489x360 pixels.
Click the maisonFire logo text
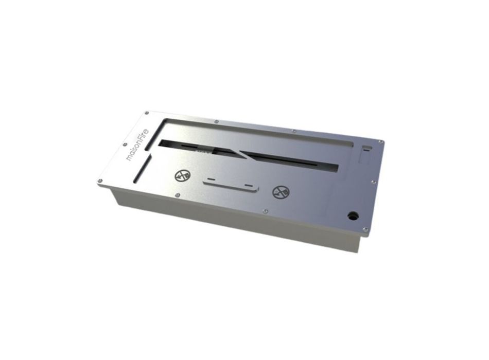tap(138, 145)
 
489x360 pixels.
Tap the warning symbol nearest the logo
tap(182, 176)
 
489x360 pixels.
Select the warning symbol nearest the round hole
tap(281, 192)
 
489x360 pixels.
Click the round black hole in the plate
tap(353, 215)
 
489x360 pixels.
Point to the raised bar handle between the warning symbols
tap(231, 186)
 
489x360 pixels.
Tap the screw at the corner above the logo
tap(146, 113)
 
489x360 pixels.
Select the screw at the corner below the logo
tap(100, 181)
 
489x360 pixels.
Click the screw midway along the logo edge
tap(125, 145)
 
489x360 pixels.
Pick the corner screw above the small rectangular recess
tap(380, 142)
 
